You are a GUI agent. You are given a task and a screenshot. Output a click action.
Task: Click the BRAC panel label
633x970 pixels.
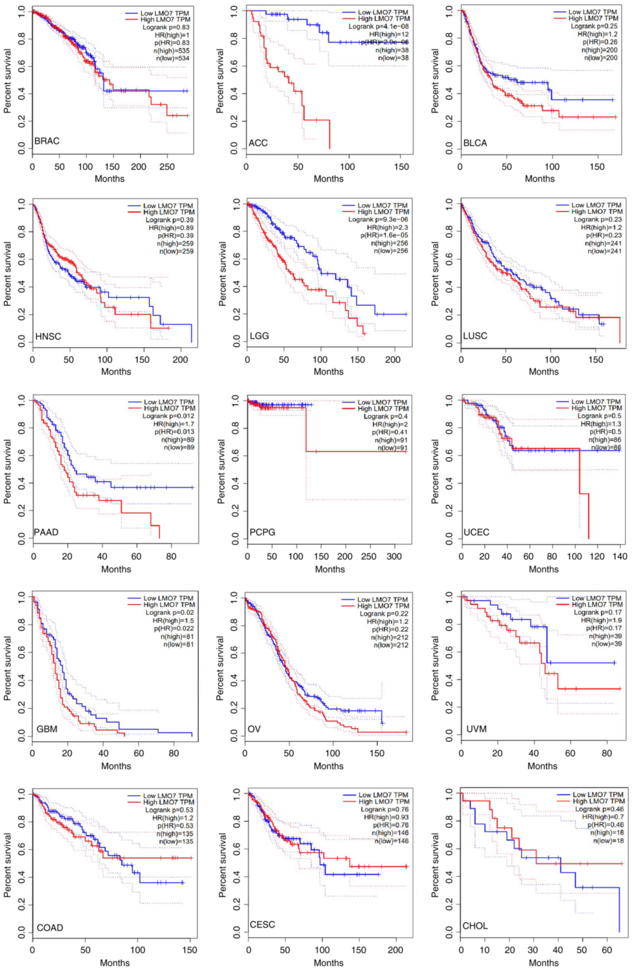(x=47, y=141)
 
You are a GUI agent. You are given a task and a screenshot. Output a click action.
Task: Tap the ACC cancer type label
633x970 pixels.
(x=258, y=143)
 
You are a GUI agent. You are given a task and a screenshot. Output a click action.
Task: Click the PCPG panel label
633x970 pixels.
(x=262, y=532)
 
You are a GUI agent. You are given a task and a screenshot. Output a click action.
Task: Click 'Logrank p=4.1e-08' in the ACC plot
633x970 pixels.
(x=378, y=26)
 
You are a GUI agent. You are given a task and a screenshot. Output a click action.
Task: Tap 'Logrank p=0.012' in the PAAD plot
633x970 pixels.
(x=168, y=416)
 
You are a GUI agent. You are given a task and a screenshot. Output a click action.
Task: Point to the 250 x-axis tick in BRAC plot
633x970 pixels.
(x=167, y=167)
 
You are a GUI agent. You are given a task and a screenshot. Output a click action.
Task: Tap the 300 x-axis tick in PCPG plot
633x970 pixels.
(x=394, y=557)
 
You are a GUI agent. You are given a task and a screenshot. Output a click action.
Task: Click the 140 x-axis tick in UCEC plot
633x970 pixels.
(x=620, y=557)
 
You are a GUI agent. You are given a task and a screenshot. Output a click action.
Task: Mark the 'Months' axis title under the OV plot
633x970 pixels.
(x=329, y=766)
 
